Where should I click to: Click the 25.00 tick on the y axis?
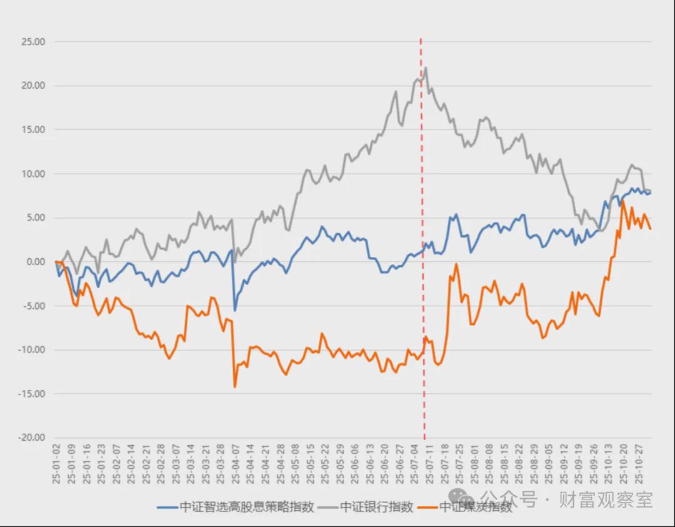32,42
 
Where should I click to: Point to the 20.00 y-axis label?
32,86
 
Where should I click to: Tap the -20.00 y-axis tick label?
31,438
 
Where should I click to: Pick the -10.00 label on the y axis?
31,350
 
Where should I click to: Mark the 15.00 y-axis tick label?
32,130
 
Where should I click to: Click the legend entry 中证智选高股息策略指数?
246,507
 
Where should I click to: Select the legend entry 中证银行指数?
376,507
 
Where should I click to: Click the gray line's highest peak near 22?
426,68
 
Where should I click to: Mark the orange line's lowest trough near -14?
235,387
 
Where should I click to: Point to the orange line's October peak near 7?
623,201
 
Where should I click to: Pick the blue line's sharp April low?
235,310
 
